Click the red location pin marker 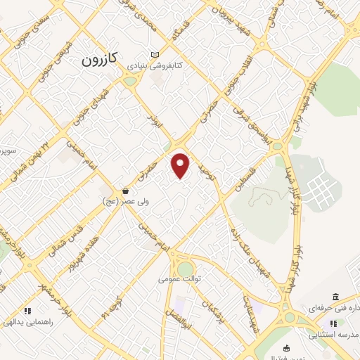(181, 165)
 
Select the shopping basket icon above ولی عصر (125, 191)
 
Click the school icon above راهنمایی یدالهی (28, 310)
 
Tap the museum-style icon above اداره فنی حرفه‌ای (333, 297)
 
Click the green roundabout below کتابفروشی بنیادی (129, 81)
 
